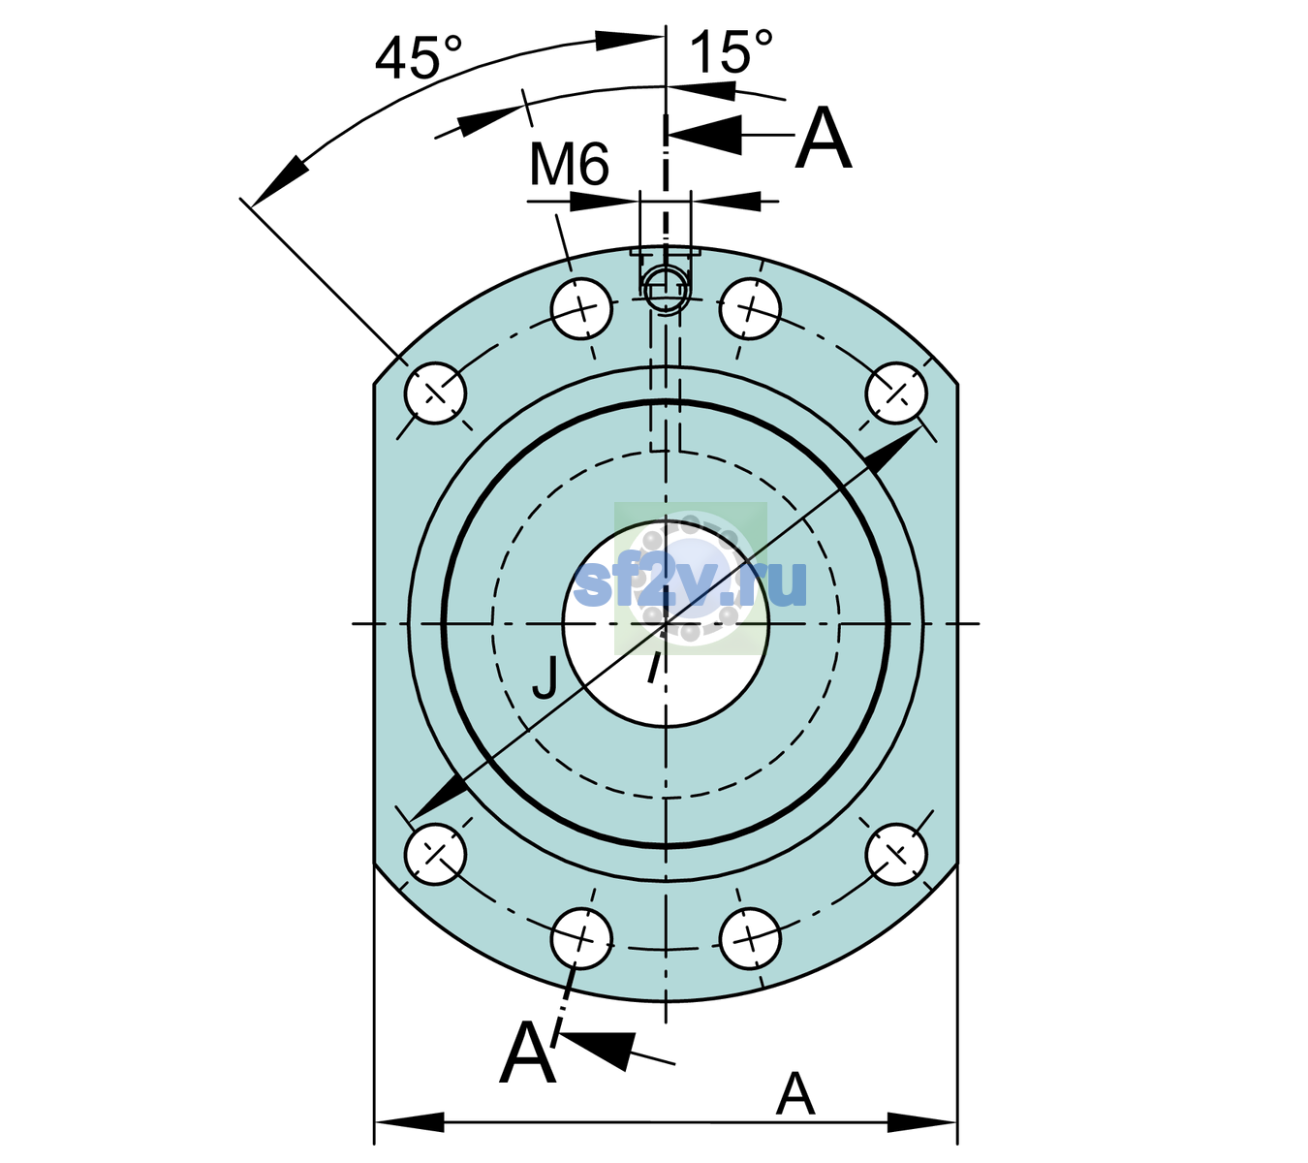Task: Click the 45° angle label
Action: pyautogui.click(x=419, y=57)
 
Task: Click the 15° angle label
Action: pyautogui.click(x=731, y=50)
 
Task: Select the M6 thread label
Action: pyautogui.click(x=569, y=164)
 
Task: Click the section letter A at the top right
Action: pyautogui.click(x=824, y=138)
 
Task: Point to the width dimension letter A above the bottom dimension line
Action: pyautogui.click(x=795, y=1094)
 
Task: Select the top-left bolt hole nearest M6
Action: pyautogui.click(x=581, y=308)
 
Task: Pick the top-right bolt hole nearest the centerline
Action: pyautogui.click(x=750, y=308)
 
